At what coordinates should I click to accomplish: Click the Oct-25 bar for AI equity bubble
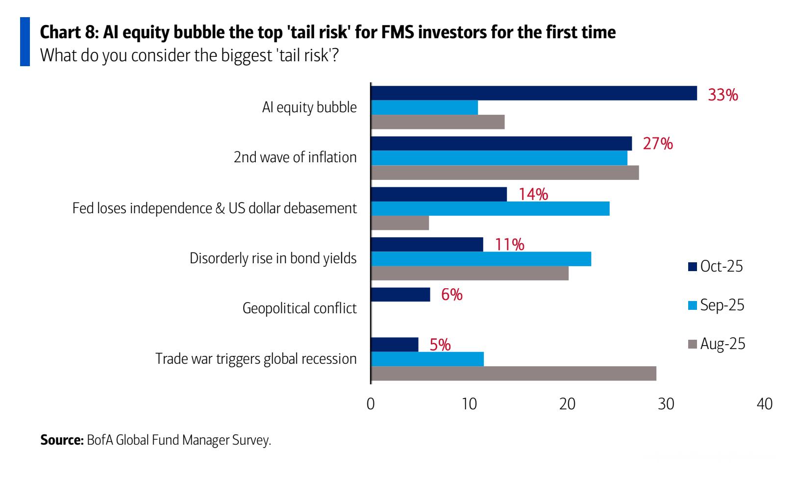click(x=534, y=93)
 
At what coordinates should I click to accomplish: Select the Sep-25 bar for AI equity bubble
click(x=424, y=107)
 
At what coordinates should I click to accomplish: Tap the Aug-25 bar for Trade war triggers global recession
click(x=514, y=374)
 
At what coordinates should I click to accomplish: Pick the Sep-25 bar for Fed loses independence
click(x=490, y=208)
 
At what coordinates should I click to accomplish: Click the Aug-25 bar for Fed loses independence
click(x=400, y=223)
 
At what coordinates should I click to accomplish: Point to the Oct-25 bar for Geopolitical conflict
click(x=400, y=295)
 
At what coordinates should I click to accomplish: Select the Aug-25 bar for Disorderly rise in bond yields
click(x=470, y=273)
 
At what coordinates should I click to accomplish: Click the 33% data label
click(x=722, y=95)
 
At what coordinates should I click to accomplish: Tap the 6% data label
click(x=451, y=295)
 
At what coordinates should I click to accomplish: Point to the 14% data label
click(x=533, y=195)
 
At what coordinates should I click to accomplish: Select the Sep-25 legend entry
click(x=716, y=305)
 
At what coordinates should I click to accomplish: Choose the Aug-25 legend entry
click(x=717, y=344)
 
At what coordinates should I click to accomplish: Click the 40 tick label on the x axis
click(x=764, y=404)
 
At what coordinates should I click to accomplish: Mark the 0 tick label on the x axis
click(x=371, y=404)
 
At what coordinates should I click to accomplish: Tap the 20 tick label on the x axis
click(x=568, y=404)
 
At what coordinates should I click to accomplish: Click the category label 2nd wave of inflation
click(x=295, y=157)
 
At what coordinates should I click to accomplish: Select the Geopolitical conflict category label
click(x=299, y=309)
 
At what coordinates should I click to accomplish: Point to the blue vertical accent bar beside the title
click(x=25, y=41)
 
